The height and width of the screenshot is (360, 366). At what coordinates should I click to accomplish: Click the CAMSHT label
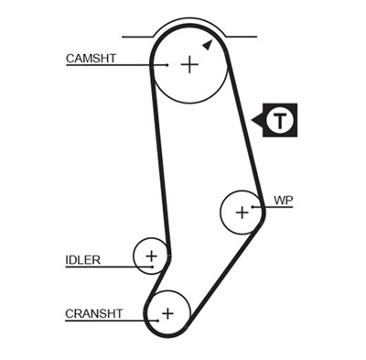[x=91, y=59]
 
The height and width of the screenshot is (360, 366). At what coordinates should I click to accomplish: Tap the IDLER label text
[x=82, y=259]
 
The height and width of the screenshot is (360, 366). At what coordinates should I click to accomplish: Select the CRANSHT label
[x=93, y=313]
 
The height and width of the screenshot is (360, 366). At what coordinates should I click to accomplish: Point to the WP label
[x=284, y=199]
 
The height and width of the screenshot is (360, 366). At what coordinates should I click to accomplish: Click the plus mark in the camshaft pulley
[x=188, y=65]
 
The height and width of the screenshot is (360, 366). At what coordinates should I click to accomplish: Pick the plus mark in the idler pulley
[x=152, y=255]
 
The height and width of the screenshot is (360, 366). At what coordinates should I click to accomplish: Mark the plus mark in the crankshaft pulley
[x=167, y=313]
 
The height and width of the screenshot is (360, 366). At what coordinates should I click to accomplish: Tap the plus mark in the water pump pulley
[x=242, y=213]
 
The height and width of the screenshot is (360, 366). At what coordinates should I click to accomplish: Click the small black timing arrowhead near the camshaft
[x=208, y=44]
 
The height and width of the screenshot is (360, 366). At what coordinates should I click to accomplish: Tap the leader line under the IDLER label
[x=101, y=267]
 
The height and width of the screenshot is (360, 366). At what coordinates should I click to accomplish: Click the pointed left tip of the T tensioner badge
[x=253, y=119]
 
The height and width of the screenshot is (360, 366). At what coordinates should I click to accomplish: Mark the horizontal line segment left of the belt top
[x=137, y=37]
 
